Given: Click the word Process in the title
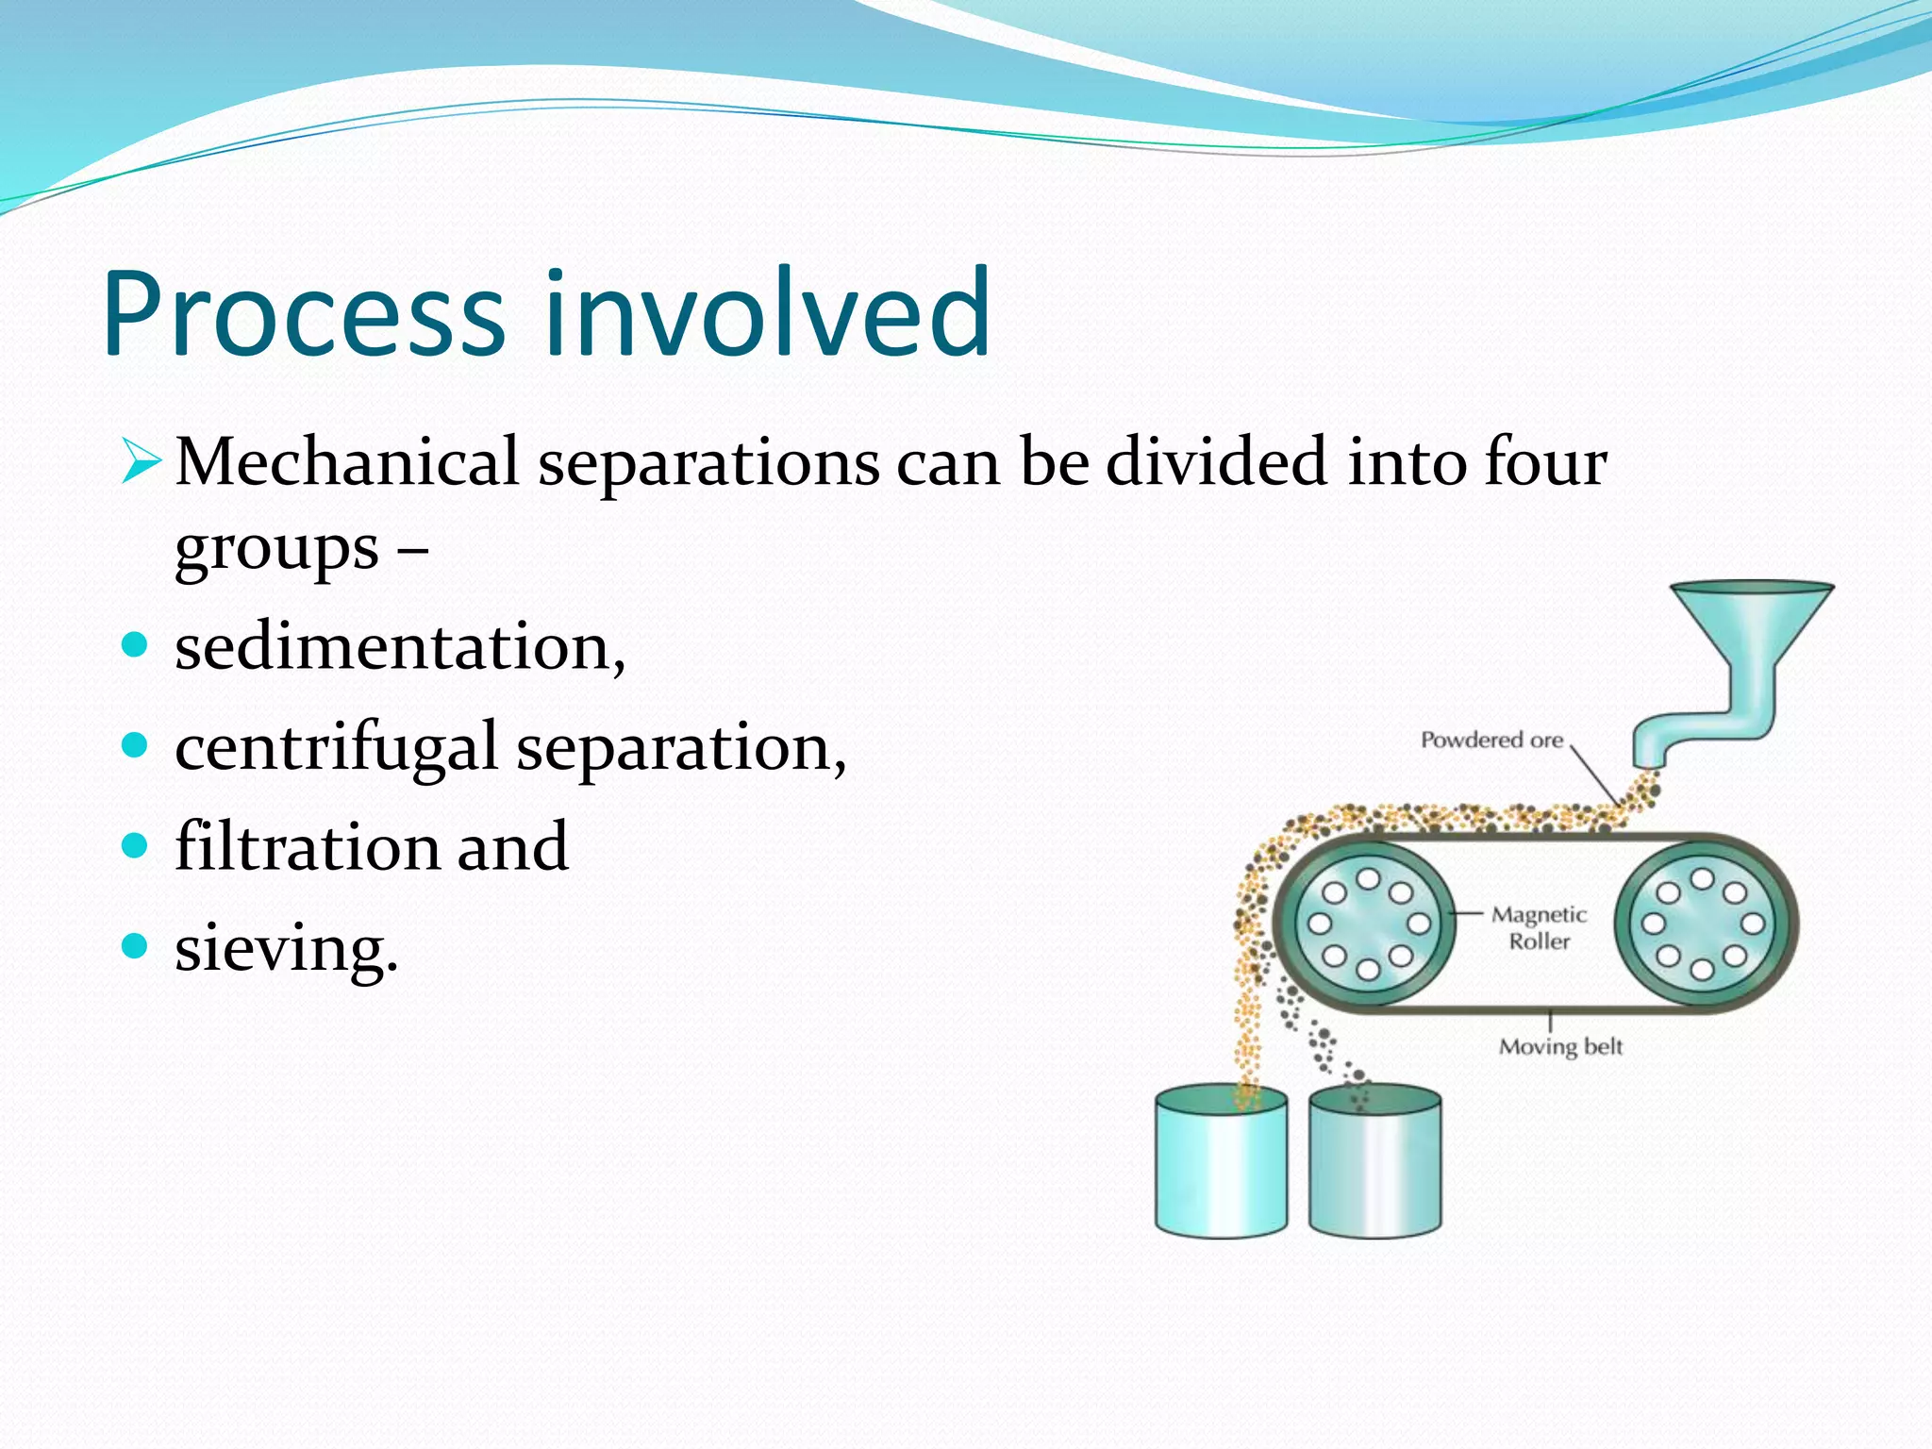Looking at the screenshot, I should pos(304,313).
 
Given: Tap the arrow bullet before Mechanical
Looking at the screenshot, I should pos(141,462).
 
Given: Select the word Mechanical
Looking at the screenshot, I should pos(346,462).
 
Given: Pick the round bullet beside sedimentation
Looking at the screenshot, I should pos(136,645).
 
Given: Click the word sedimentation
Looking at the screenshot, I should pos(399,649).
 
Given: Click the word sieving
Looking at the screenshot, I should pos(286,948).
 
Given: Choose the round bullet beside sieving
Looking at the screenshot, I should pos(136,945).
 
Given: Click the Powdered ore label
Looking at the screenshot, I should pos(1491,741).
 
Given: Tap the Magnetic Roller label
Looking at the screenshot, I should pos(1539,927).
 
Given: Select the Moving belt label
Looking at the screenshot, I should pos(1560,1046).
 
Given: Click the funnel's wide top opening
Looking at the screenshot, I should pos(1752,590).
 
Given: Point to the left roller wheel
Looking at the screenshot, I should pos(1367,924).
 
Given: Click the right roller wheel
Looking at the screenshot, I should pos(1702,924).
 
